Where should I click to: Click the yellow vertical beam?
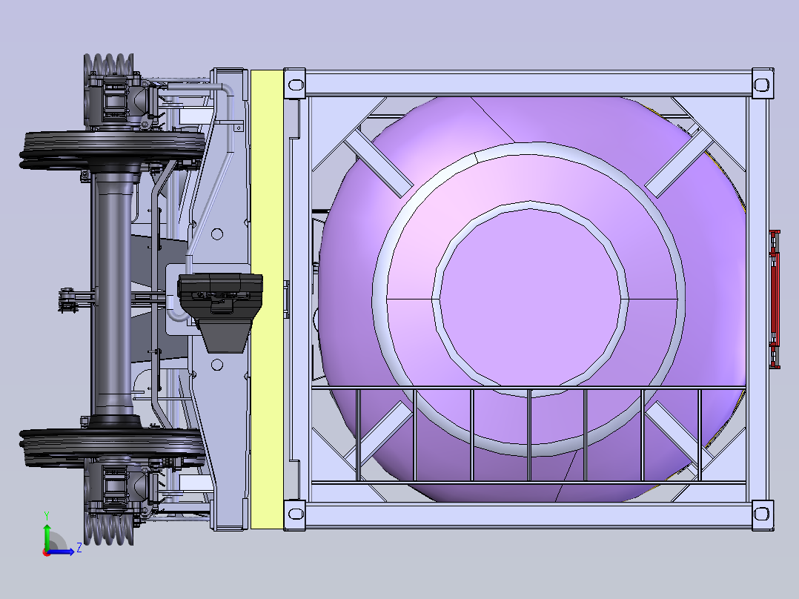click(267, 299)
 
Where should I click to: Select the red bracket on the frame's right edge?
click(775, 299)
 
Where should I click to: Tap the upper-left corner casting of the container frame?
click(294, 83)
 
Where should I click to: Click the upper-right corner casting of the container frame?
click(762, 83)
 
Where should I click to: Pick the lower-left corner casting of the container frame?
click(294, 515)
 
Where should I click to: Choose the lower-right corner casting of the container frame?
click(762, 515)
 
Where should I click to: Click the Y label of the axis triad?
click(47, 515)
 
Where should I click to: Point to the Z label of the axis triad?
click(79, 548)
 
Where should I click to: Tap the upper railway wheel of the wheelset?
click(112, 150)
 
